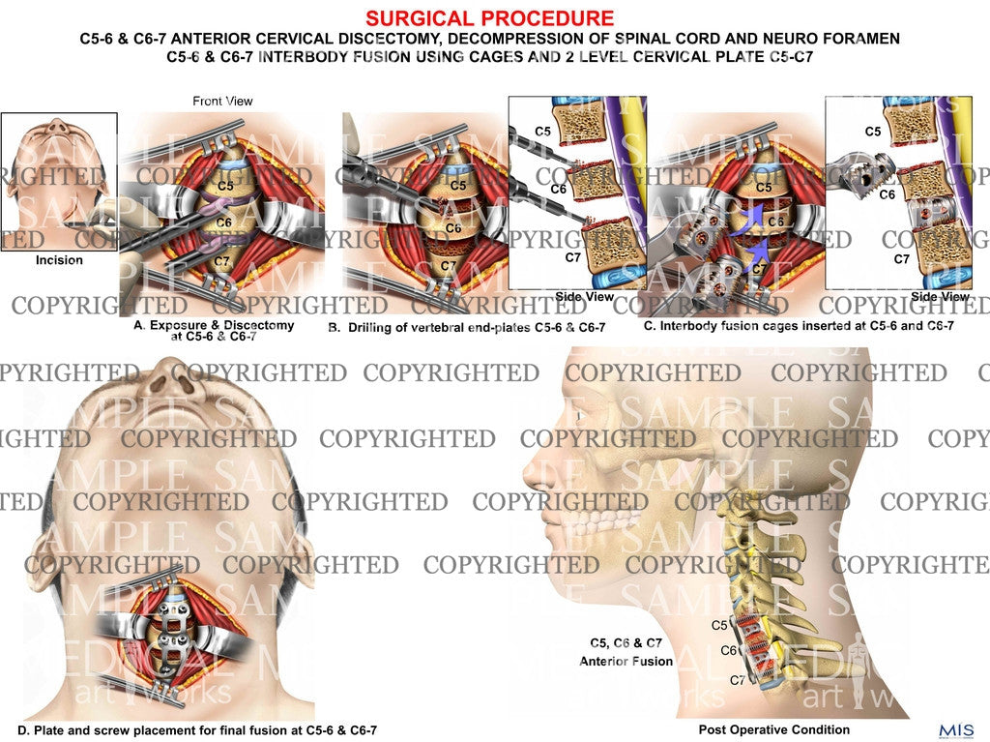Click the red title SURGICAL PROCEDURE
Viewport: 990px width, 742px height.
point(490,18)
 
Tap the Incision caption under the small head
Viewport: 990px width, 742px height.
point(59,260)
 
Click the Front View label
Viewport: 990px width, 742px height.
point(222,101)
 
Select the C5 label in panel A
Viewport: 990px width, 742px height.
point(225,185)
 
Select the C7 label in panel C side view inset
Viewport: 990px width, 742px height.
point(901,259)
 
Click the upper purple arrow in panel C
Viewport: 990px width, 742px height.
point(753,214)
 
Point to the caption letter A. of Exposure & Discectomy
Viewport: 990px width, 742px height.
point(139,327)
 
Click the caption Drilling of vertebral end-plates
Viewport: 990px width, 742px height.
point(474,328)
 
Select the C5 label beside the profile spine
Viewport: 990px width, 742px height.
point(719,625)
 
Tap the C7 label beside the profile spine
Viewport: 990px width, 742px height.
point(738,679)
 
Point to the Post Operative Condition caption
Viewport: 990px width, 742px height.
point(774,729)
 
